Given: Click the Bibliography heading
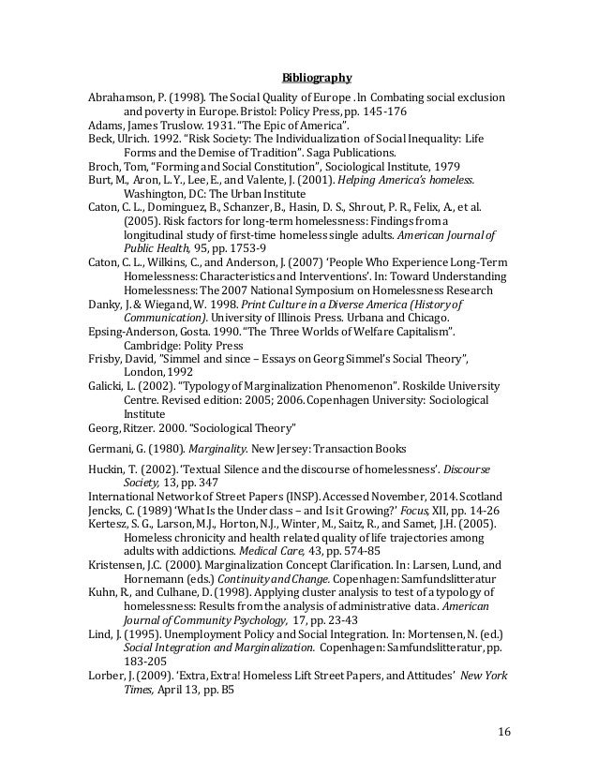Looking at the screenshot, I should [317, 78].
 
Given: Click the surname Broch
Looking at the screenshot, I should [104, 166].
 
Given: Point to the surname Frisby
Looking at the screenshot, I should [106, 361].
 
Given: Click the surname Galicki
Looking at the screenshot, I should [107, 388].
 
